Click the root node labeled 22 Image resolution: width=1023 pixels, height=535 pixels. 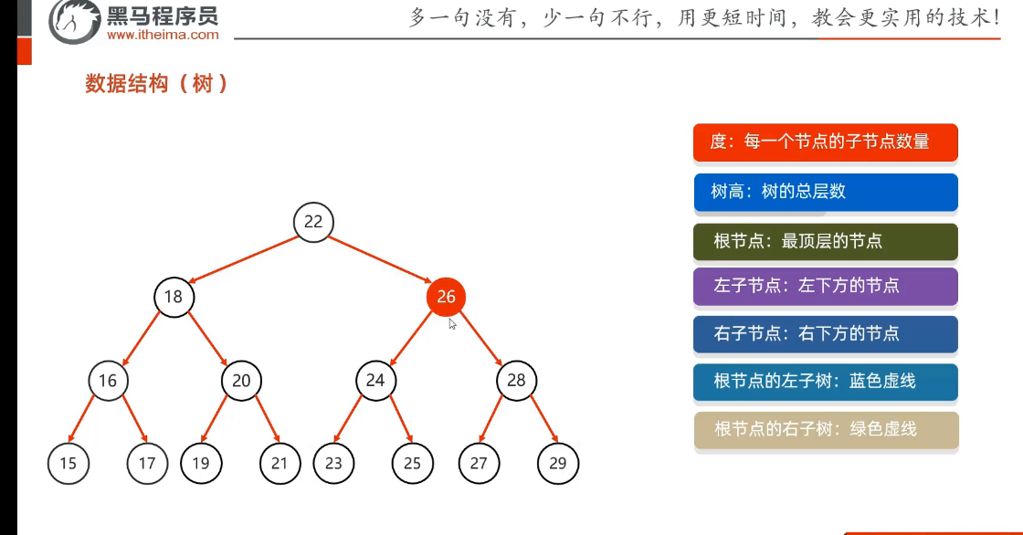[x=313, y=222]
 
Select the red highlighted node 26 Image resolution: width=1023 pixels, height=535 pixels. [x=446, y=297]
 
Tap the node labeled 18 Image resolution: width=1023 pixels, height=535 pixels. [x=174, y=297]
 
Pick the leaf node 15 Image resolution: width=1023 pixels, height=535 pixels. [x=69, y=463]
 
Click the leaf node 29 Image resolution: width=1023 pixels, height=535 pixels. [x=558, y=463]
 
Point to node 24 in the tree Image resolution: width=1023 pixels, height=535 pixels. [x=375, y=380]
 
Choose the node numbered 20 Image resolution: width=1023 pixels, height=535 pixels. [x=241, y=380]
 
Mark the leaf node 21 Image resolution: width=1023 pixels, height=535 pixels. [x=279, y=463]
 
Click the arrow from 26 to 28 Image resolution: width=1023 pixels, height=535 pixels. [x=482, y=339]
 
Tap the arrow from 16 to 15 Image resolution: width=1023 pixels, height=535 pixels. [x=89, y=422]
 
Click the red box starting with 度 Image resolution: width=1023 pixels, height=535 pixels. [x=826, y=142]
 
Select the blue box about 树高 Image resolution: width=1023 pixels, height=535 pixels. [x=826, y=192]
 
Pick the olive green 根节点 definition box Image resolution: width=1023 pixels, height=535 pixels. [x=826, y=241]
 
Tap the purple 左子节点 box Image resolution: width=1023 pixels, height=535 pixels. [x=826, y=286]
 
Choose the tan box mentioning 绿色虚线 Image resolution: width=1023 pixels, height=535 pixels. [x=826, y=429]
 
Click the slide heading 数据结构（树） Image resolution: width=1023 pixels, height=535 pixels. [x=156, y=84]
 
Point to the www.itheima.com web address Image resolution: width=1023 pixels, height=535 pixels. [x=163, y=36]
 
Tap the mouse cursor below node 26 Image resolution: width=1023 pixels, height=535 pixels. [x=452, y=323]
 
